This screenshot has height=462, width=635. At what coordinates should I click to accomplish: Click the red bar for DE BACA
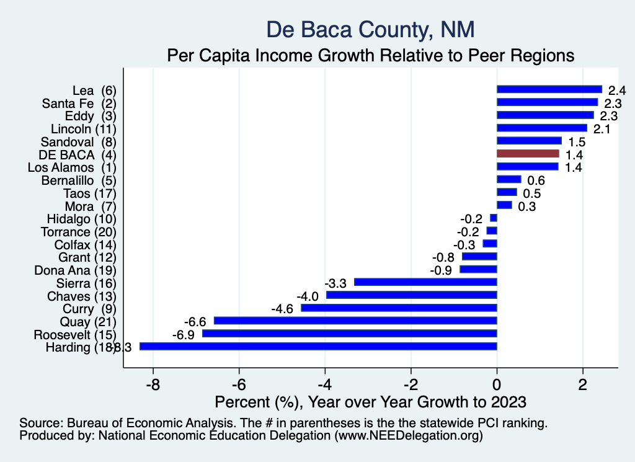click(528, 153)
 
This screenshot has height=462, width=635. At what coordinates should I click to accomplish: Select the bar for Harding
click(318, 347)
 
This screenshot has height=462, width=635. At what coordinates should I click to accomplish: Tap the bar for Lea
click(549, 89)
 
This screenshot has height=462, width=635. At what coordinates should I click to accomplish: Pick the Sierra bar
click(425, 282)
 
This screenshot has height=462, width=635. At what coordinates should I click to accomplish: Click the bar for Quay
click(355, 321)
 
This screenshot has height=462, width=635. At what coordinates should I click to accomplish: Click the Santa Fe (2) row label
click(79, 102)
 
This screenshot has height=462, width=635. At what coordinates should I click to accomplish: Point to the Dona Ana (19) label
click(75, 270)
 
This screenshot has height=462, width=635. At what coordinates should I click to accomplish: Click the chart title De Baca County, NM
click(370, 29)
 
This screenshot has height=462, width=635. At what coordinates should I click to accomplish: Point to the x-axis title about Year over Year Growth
click(370, 401)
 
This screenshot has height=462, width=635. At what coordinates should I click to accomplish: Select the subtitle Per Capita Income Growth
click(370, 55)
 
